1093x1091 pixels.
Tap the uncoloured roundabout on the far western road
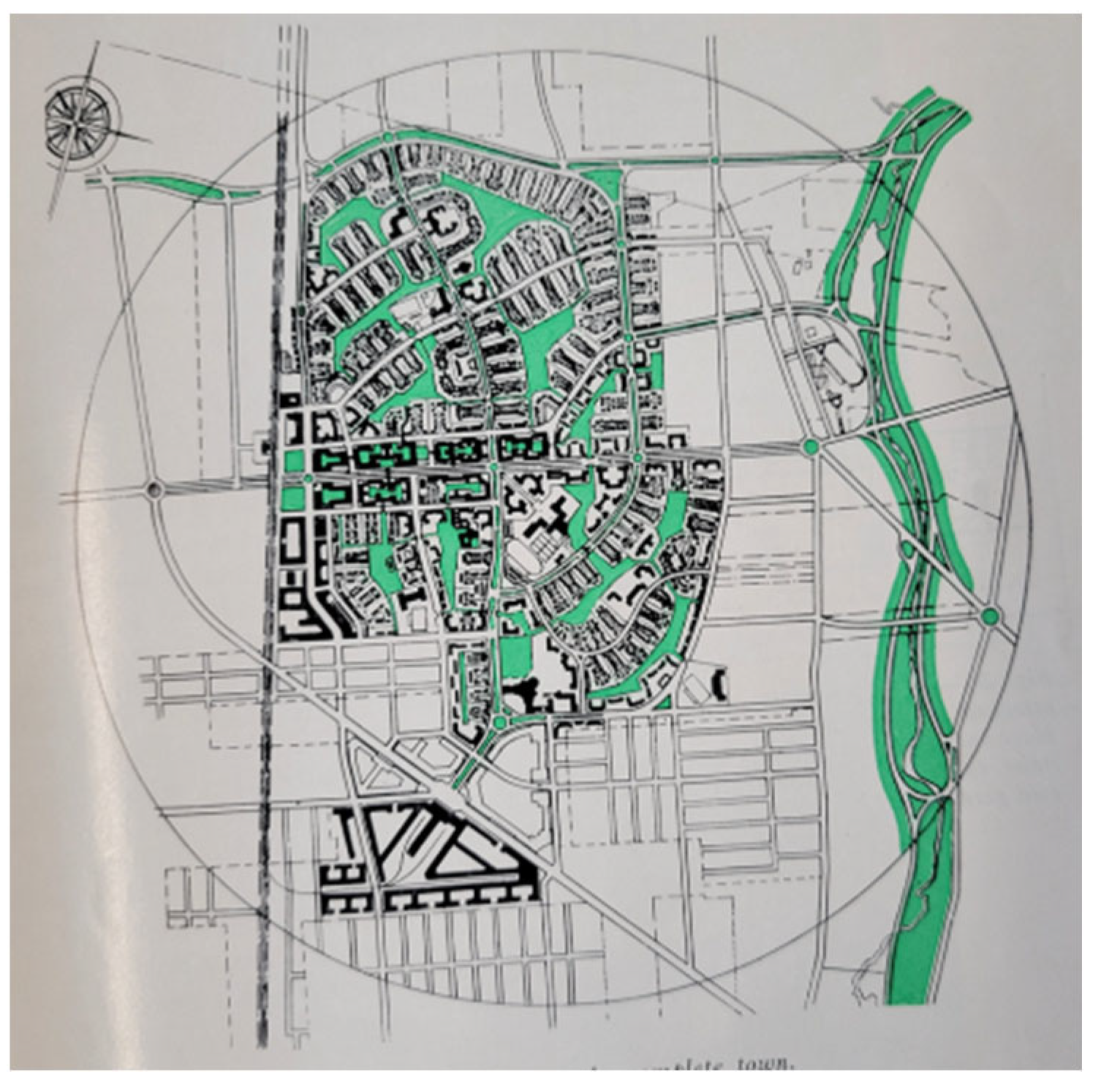[x=154, y=489]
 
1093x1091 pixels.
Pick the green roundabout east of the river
[x=989, y=616]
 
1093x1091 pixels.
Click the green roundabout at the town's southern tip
[x=500, y=723]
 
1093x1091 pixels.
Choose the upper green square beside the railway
[x=293, y=461]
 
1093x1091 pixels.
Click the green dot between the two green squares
[x=308, y=479]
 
